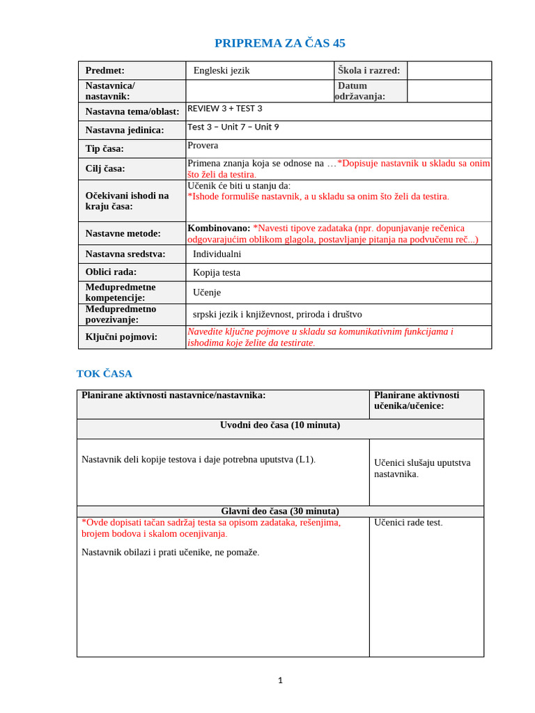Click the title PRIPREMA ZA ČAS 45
pyautogui.click(x=279, y=43)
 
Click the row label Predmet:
pyautogui.click(x=104, y=70)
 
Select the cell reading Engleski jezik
pyautogui.click(x=222, y=70)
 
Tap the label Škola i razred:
pyautogui.click(x=369, y=70)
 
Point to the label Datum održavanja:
pyautogui.click(x=361, y=91)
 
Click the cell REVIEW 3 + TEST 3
pyautogui.click(x=225, y=109)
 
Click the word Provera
pyautogui.click(x=203, y=146)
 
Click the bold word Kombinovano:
pyautogui.click(x=219, y=228)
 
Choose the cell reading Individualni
pyautogui.click(x=217, y=254)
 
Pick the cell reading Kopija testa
pyautogui.click(x=216, y=272)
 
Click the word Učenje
pyautogui.click(x=207, y=292)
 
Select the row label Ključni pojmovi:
pyautogui.click(x=121, y=337)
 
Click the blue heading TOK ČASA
pyautogui.click(x=104, y=374)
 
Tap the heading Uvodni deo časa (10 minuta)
pyautogui.click(x=280, y=425)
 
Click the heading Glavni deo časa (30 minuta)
pyautogui.click(x=280, y=510)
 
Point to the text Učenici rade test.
pyautogui.click(x=408, y=522)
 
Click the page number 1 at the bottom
pyautogui.click(x=280, y=680)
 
